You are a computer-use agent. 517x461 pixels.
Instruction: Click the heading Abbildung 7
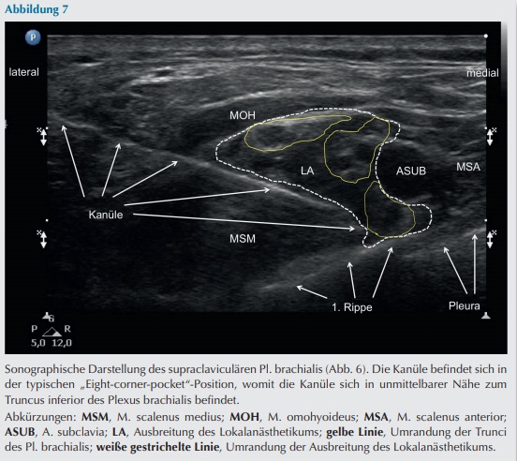[x=37, y=9]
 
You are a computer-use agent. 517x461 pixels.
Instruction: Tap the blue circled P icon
[x=33, y=37]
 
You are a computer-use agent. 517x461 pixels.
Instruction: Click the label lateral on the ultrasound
[x=23, y=72]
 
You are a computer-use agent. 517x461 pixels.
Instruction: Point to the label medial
[x=482, y=73]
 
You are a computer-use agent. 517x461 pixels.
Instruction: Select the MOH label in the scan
[x=243, y=115]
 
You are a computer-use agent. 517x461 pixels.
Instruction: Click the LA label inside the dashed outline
[x=307, y=171]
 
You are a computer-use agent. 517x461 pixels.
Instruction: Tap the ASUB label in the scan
[x=411, y=171]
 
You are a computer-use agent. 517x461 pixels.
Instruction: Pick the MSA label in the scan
[x=468, y=167]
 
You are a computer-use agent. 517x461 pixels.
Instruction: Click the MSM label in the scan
[x=243, y=238]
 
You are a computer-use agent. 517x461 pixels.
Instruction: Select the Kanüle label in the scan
[x=106, y=215]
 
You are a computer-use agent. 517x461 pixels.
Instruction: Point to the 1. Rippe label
[x=352, y=307]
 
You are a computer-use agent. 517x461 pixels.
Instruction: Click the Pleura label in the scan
[x=465, y=306]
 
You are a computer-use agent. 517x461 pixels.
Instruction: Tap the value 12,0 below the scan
[x=62, y=343]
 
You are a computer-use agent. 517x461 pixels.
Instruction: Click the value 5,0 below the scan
[x=37, y=343]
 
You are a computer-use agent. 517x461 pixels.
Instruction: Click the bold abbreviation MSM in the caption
[x=95, y=417]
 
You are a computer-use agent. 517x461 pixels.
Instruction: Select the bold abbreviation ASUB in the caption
[x=20, y=432]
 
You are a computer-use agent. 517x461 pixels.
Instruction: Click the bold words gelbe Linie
[x=354, y=432]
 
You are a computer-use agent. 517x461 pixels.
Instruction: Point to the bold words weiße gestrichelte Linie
[x=157, y=448]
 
